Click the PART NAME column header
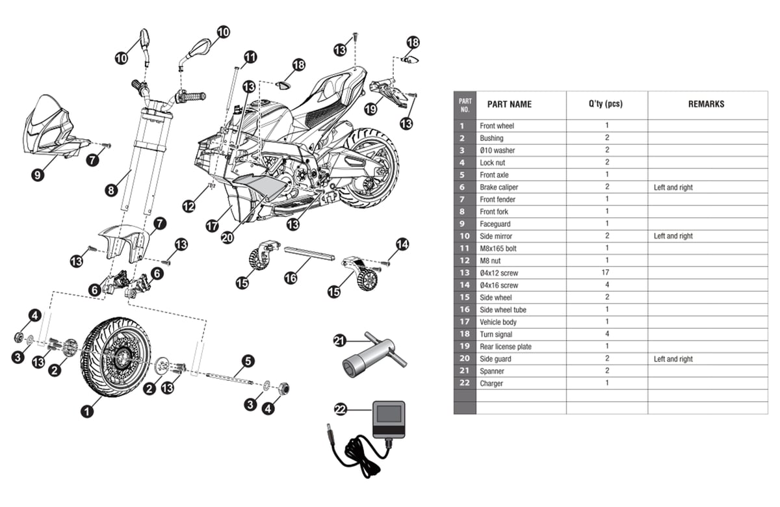tap(509, 104)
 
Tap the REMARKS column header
tap(706, 104)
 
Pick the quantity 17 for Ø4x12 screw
tap(606, 273)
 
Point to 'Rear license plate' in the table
tap(505, 346)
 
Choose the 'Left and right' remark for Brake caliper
tap(673, 187)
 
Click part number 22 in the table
tap(464, 383)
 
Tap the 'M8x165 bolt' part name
tap(498, 248)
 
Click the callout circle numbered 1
tap(86, 411)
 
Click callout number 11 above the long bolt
tap(250, 58)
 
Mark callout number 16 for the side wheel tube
tap(291, 278)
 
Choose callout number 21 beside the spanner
tap(340, 340)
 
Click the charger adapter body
tap(388, 419)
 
